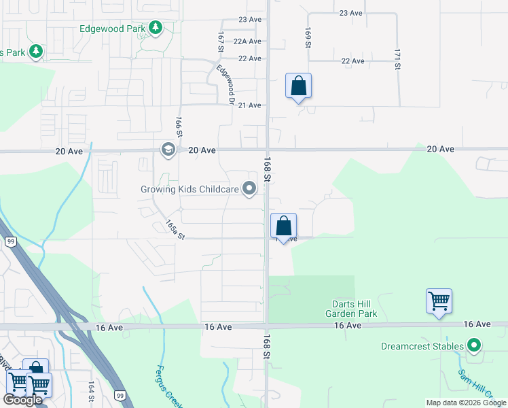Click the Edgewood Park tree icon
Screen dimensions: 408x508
pos(156,28)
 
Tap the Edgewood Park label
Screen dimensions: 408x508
pos(113,29)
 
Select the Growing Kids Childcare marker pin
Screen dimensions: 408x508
pos(250,188)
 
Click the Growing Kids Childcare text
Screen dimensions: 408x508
pos(189,189)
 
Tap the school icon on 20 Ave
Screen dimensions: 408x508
pos(168,149)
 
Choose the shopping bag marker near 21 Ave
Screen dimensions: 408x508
pos(298,86)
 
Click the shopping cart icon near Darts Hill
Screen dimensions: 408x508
pos(439,302)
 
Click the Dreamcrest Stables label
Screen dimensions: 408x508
pos(422,346)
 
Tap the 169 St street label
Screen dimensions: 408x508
pos(308,37)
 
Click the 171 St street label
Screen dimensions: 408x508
pos(396,59)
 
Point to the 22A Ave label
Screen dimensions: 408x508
pos(247,41)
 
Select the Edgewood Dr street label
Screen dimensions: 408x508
pos(225,85)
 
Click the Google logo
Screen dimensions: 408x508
pos(22,400)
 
